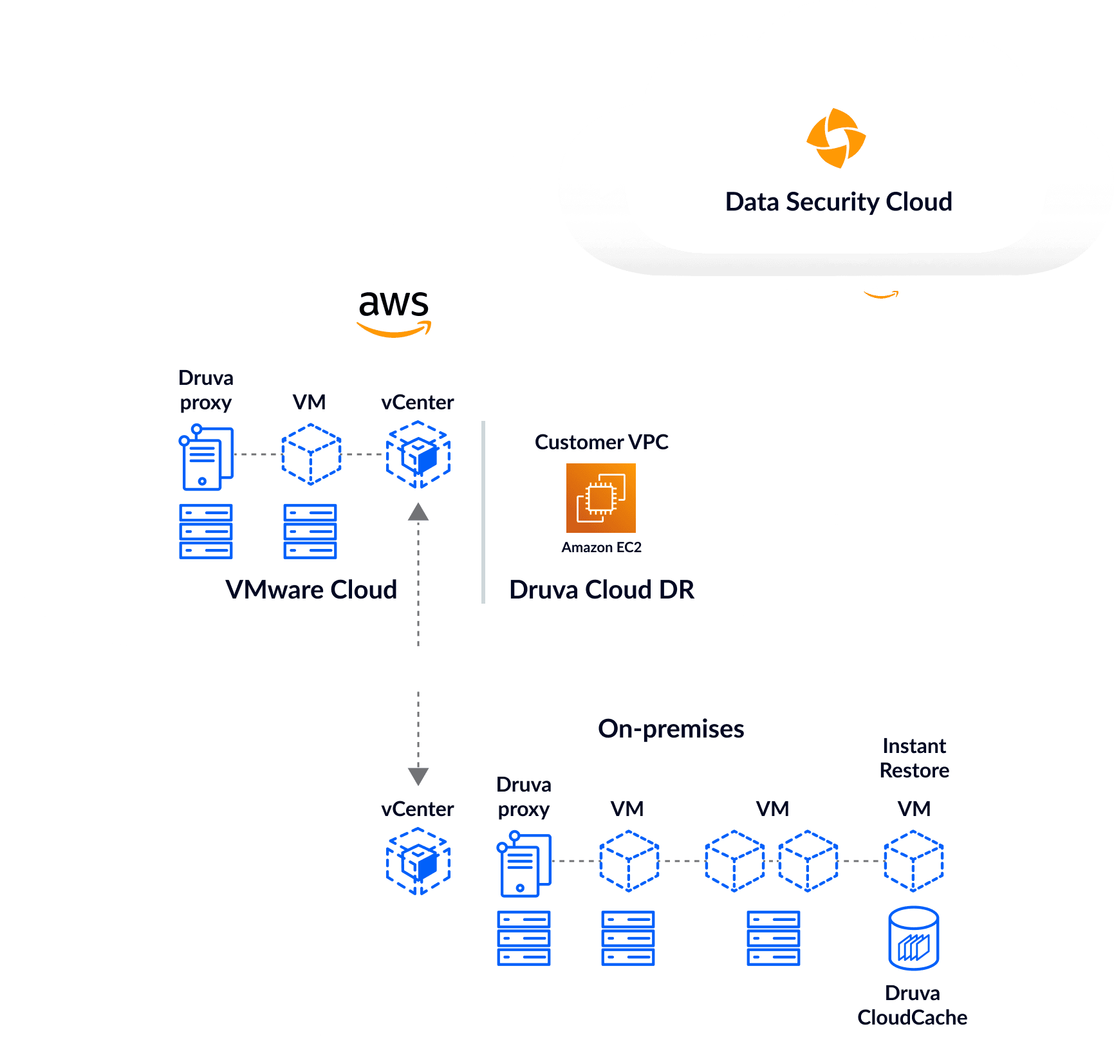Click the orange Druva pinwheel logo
(836, 138)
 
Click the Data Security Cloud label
(839, 202)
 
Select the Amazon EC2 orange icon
(600, 498)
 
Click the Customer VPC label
(601, 442)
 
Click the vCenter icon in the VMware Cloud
(418, 454)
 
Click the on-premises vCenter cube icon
(418, 861)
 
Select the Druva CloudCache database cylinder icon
(913, 938)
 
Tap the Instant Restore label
(914, 758)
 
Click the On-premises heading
(671, 729)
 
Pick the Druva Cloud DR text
(601, 589)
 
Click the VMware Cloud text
(311, 589)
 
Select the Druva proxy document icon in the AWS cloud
(206, 458)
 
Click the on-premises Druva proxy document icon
(524, 864)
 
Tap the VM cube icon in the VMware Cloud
(311, 454)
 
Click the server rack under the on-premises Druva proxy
(524, 938)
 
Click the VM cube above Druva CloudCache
(913, 861)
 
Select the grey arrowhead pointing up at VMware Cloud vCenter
(418, 512)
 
